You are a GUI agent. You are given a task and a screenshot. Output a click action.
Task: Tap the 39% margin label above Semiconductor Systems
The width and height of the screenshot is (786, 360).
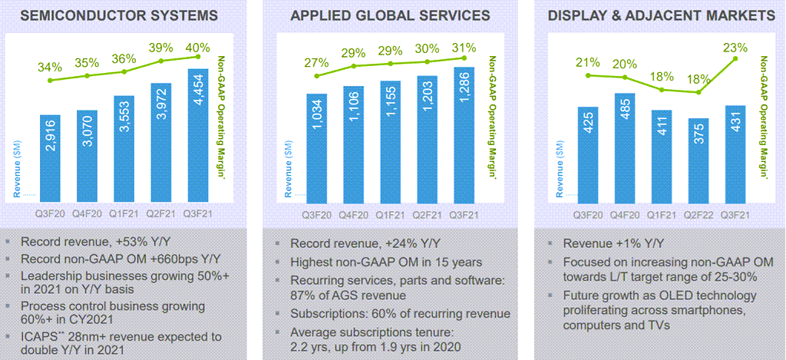[160, 48]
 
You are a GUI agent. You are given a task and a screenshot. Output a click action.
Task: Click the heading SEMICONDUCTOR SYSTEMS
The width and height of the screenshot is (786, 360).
[121, 15]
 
